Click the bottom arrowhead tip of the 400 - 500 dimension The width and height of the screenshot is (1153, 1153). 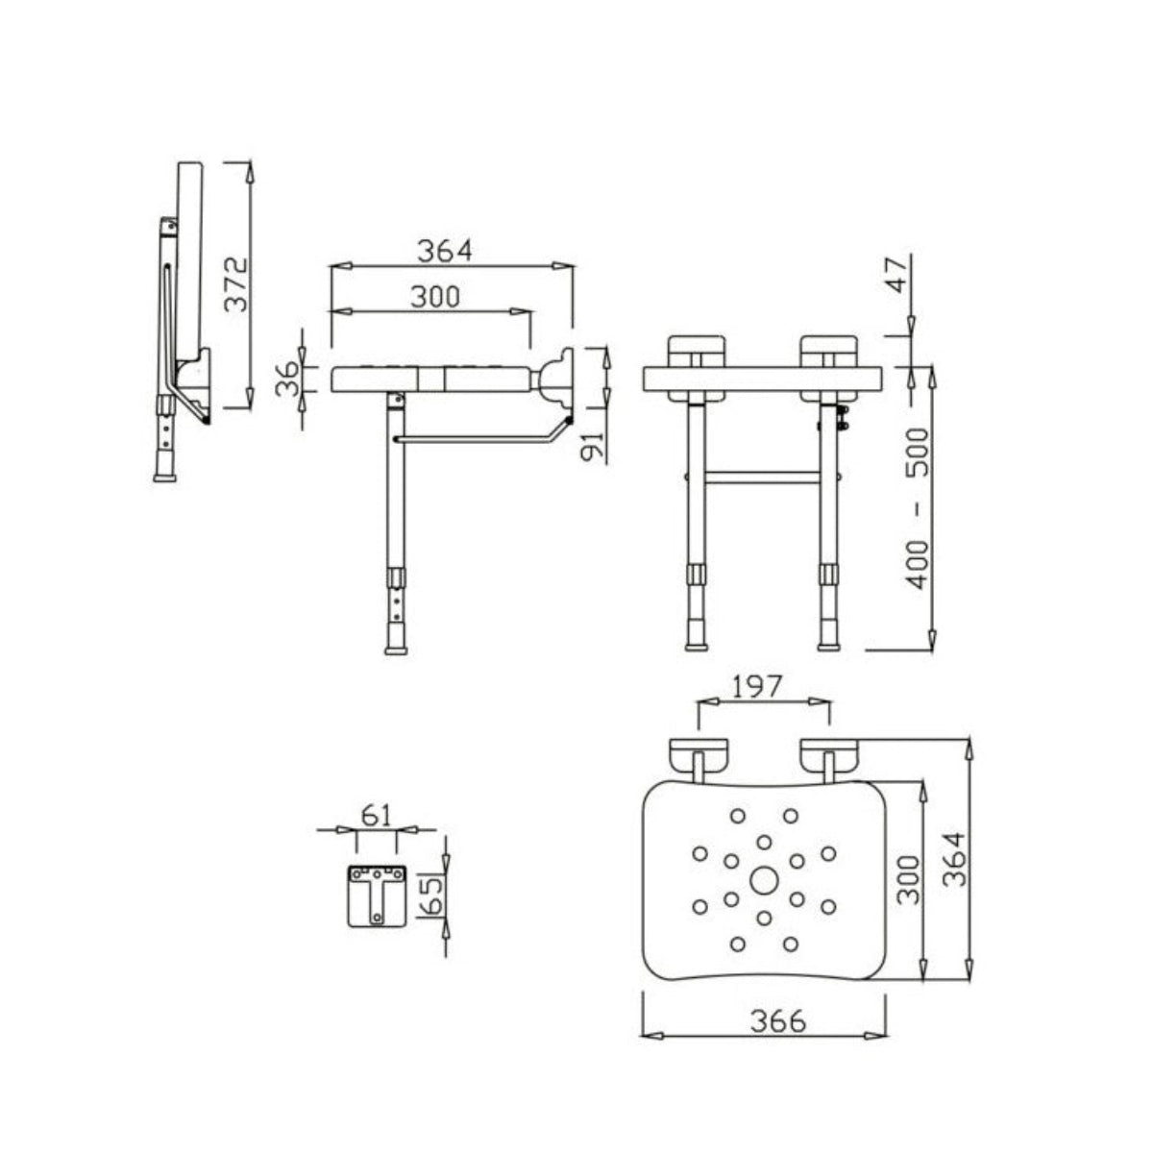[931, 650]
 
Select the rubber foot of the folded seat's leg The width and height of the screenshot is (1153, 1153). [164, 477]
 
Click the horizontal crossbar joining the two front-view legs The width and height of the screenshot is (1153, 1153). [764, 478]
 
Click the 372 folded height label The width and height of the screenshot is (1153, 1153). [235, 284]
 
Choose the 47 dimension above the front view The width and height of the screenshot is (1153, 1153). [895, 275]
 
